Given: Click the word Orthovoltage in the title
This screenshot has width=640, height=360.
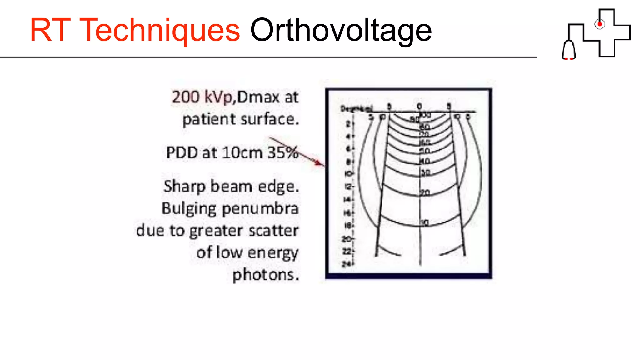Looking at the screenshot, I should pyautogui.click(x=341, y=30).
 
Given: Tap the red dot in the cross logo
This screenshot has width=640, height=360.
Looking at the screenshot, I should pyautogui.click(x=599, y=24).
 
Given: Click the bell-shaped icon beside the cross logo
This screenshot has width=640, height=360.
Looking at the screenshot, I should pyautogui.click(x=569, y=50).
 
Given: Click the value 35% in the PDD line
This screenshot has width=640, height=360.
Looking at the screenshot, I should pyautogui.click(x=283, y=153).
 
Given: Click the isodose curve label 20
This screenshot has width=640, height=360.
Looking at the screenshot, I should pyautogui.click(x=425, y=193).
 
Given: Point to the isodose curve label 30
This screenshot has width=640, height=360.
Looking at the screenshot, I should pyautogui.click(x=425, y=172).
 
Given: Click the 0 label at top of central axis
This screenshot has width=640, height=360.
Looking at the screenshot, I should pyautogui.click(x=419, y=107).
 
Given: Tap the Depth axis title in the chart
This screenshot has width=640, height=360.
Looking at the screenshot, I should pyautogui.click(x=356, y=109).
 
